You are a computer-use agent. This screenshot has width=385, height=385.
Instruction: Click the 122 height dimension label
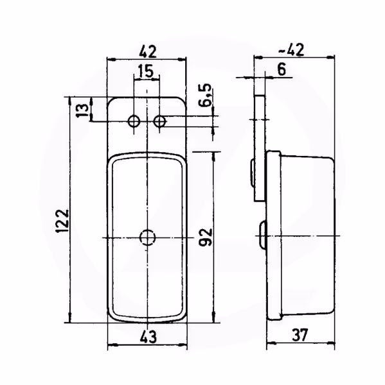[62, 221]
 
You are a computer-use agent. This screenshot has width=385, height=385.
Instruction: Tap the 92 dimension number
[206, 237]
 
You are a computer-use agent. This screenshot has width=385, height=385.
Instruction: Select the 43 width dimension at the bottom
[148, 336]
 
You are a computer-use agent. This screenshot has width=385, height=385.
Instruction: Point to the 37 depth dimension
[300, 335]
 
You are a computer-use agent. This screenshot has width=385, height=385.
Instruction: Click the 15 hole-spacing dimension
[146, 71]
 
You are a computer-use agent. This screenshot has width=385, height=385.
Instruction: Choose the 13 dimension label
[82, 110]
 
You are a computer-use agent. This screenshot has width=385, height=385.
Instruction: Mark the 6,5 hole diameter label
[205, 95]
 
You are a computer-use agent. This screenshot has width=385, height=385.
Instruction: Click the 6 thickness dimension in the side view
[282, 69]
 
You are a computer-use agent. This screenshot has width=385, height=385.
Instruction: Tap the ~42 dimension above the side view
[292, 50]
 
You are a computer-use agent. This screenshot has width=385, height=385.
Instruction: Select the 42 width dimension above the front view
[148, 52]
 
